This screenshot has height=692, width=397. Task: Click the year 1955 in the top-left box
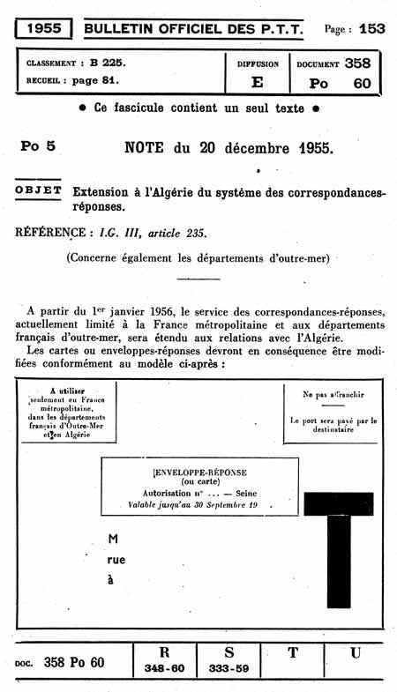pos(43,28)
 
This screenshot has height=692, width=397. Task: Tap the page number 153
pos(371,28)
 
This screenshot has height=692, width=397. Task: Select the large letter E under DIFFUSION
pos(258,83)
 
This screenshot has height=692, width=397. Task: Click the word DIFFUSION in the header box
pos(258,64)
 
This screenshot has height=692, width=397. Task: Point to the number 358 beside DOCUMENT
pos(357,63)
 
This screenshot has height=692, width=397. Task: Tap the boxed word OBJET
pos(39,190)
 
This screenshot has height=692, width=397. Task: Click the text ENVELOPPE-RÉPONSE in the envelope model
pos(201,472)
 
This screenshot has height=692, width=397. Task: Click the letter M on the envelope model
pos(112,538)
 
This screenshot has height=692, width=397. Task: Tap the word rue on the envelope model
pos(116,559)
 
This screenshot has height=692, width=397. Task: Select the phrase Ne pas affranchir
pos(333,394)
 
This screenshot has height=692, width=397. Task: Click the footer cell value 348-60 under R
pos(164,669)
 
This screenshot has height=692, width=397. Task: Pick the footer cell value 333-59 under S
pos(229,669)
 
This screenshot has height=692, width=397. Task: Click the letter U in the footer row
pos(355,653)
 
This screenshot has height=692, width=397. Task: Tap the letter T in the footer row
pos(292,653)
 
